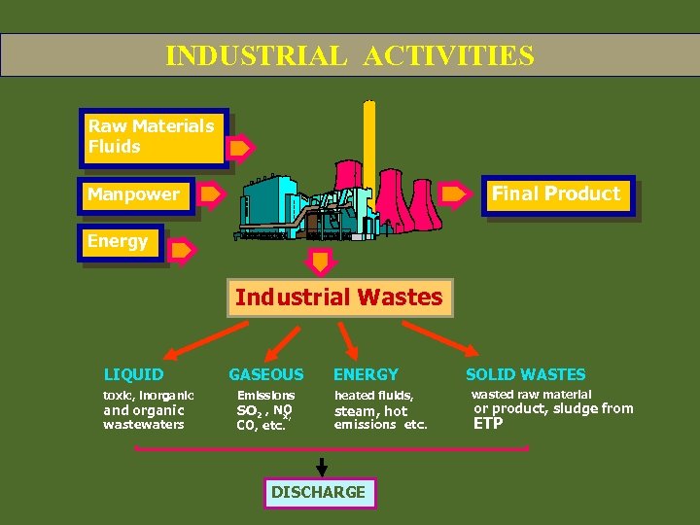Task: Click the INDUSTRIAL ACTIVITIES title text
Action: [349, 55]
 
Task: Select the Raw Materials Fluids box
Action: [154, 137]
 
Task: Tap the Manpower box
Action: [135, 194]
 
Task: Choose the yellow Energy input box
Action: [121, 242]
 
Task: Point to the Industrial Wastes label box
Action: [338, 297]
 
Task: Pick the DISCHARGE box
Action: [319, 493]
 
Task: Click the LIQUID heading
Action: [134, 374]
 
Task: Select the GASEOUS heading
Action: [265, 374]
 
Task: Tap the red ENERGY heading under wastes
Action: [366, 374]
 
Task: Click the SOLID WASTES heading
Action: [525, 374]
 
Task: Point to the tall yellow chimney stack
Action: [369, 146]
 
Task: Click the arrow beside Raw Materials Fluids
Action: [240, 149]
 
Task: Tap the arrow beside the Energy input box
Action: [182, 251]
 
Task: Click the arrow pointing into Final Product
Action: [455, 194]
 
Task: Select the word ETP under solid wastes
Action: [488, 424]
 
